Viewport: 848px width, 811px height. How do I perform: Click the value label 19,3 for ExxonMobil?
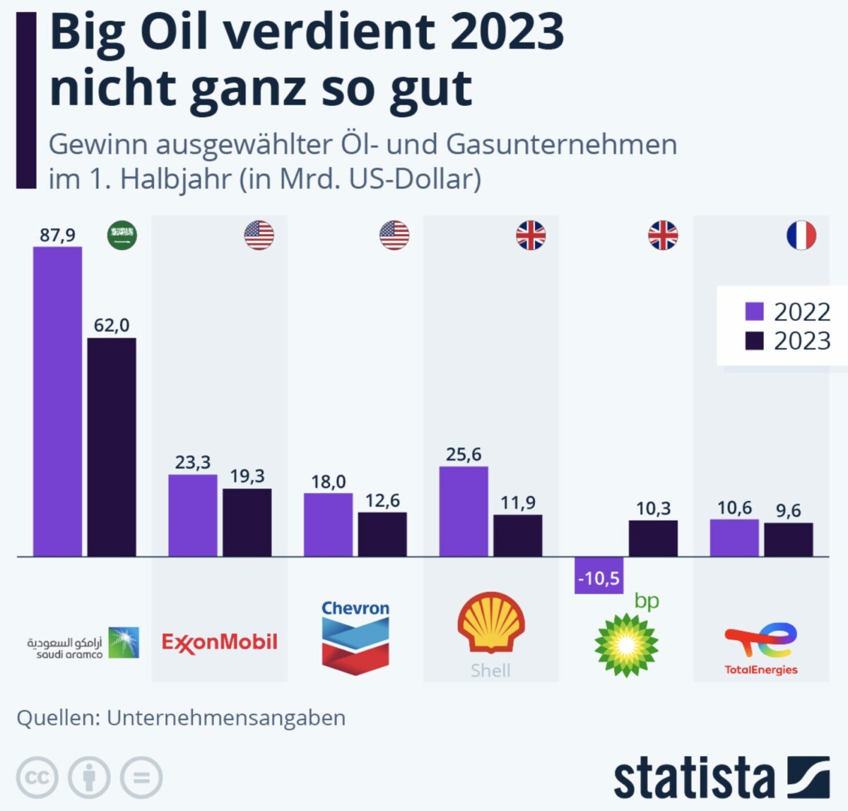coord(247,476)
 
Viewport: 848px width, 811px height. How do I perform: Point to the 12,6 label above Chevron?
coord(382,500)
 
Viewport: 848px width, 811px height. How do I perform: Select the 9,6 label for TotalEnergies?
coord(789,511)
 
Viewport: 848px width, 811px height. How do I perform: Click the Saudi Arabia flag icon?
coord(122,235)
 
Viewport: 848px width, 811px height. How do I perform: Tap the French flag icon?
coord(801,235)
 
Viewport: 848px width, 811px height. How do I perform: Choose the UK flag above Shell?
coord(531,235)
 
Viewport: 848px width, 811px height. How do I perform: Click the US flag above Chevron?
coord(394,235)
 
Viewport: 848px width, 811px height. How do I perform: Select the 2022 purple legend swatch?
coord(755,312)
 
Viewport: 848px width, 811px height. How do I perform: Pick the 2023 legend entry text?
coord(802,341)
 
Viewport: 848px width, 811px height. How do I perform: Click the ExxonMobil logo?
coord(219,642)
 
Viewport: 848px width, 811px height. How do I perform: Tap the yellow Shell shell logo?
coord(491,622)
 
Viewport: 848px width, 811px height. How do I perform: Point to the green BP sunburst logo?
coord(626,644)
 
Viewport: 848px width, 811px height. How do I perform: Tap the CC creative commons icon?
coord(37,778)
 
